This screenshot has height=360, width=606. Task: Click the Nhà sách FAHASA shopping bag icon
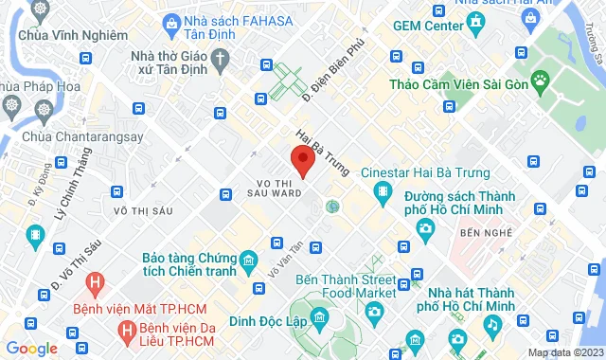[169, 23]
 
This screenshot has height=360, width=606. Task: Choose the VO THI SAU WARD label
[279, 186]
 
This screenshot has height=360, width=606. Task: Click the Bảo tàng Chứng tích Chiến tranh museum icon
[247, 260]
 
